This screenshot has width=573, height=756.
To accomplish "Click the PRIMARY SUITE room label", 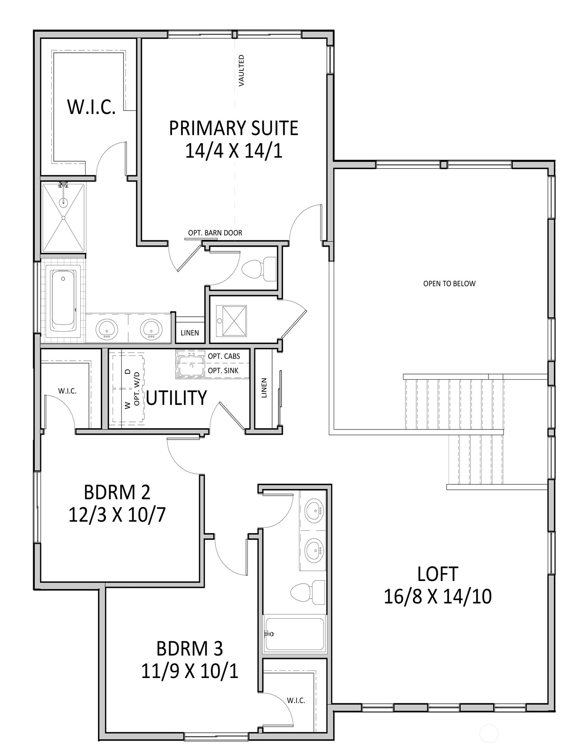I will pyautogui.click(x=233, y=128).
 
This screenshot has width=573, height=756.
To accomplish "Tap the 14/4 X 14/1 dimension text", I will pyautogui.click(x=233, y=151).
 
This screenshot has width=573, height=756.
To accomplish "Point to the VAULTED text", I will pyautogui.click(x=241, y=70).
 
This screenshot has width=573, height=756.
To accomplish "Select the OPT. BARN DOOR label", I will pyautogui.click(x=215, y=233).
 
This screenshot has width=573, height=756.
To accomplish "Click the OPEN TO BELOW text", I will pyautogui.click(x=449, y=284).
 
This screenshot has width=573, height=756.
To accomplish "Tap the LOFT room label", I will pyautogui.click(x=437, y=574).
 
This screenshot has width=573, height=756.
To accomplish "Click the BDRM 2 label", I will pyautogui.click(x=117, y=492).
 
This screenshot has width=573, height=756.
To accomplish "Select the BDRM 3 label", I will pyautogui.click(x=189, y=648).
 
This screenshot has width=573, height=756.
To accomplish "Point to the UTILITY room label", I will pyautogui.click(x=176, y=398).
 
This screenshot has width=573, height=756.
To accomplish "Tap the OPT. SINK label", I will pyautogui.click(x=223, y=371).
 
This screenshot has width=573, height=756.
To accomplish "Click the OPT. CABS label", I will pyautogui.click(x=224, y=356).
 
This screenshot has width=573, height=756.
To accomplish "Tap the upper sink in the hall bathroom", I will pyautogui.click(x=313, y=510).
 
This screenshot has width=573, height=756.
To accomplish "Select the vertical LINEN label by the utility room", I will pyautogui.click(x=264, y=387).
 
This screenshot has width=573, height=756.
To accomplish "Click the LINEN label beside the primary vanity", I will pyautogui.click(x=190, y=333).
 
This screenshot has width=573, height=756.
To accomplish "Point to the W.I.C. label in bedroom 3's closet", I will pyautogui.click(x=296, y=700).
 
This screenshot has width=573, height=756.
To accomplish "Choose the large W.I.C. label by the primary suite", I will pyautogui.click(x=91, y=107).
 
